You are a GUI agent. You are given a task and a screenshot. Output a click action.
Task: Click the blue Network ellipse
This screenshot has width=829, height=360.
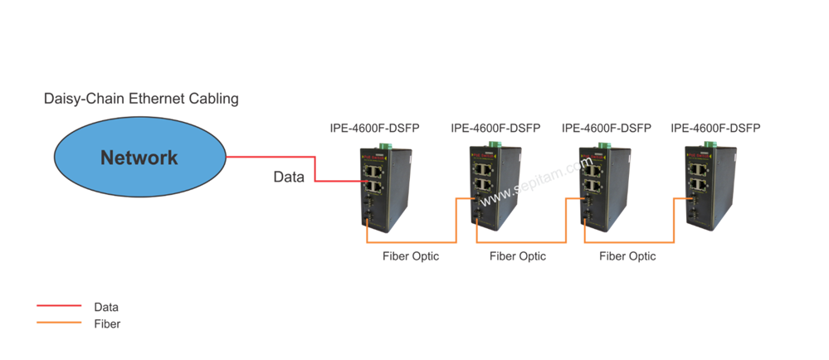point(140,157)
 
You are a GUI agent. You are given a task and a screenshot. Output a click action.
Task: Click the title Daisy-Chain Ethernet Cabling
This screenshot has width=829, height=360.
point(141,99)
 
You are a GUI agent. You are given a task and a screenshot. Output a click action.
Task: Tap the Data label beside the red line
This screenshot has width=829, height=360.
point(289,177)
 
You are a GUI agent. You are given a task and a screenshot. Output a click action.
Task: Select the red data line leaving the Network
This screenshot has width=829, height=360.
point(315,169)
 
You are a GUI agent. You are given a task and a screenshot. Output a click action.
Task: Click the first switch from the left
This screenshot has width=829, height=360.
point(385,190)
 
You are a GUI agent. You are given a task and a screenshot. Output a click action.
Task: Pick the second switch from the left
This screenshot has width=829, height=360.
point(495,188)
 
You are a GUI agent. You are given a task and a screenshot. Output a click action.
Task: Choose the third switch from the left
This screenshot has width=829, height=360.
point(604,188)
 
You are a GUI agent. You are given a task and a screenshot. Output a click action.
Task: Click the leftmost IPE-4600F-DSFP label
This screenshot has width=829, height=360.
point(375,129)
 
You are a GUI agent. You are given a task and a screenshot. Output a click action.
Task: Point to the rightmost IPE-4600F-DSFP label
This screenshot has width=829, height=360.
point(715,128)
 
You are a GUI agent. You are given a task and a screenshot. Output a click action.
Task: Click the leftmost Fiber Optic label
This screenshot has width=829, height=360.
point(411,256)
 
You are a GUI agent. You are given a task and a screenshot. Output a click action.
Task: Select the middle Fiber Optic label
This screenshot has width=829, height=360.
point(518,256)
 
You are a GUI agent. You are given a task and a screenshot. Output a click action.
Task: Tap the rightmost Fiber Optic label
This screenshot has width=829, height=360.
point(627,256)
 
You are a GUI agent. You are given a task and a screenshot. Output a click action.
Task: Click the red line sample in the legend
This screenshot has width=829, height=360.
point(59,305)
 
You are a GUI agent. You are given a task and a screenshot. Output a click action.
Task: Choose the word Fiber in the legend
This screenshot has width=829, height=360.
point(107,324)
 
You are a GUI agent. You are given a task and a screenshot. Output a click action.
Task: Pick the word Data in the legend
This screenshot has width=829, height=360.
point(106,307)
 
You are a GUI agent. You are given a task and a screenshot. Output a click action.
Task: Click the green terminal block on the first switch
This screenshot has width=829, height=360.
point(385,148)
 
